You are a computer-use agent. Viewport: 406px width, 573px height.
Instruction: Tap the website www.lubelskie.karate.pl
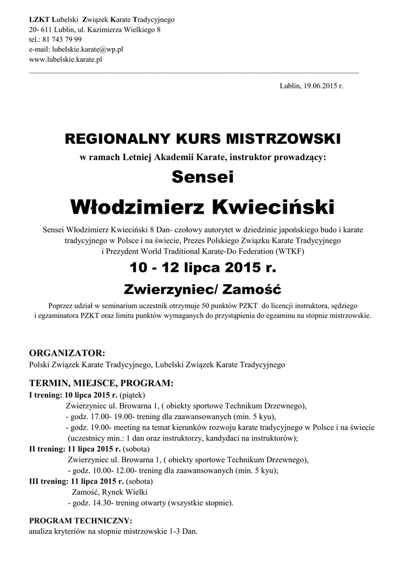65,59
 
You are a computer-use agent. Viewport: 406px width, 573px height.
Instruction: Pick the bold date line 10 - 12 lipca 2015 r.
202,267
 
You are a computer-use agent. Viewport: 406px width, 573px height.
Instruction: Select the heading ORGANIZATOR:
67,353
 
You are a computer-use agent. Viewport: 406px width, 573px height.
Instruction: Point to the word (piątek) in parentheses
133,394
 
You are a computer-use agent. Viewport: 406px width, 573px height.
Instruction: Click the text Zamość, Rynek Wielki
109,492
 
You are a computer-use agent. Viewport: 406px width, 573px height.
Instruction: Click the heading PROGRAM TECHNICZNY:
80,520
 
